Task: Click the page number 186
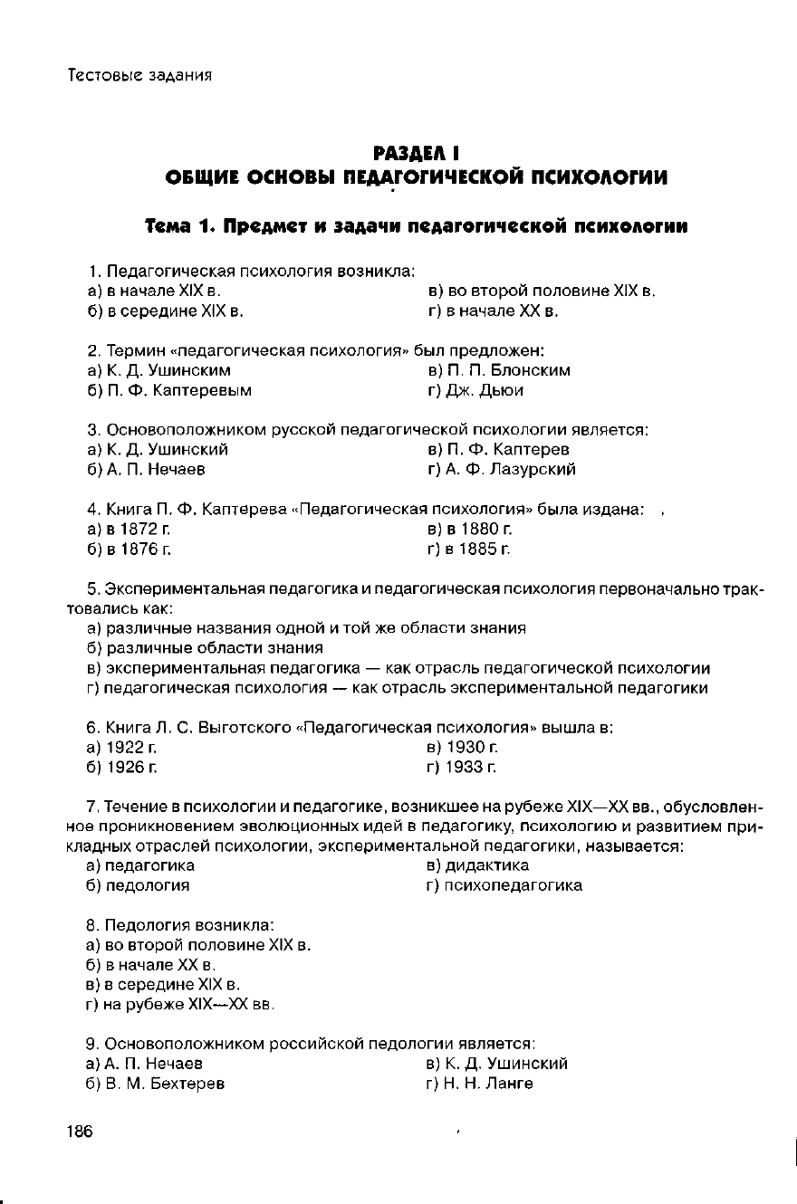pyautogui.click(x=80, y=1132)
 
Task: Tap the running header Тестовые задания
pyautogui.click(x=140, y=74)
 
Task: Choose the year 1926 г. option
pyautogui.click(x=123, y=768)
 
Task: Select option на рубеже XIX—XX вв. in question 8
pyautogui.click(x=182, y=1005)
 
